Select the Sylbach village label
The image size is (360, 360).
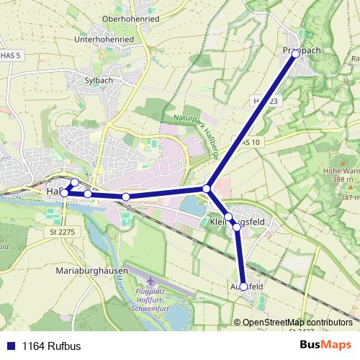(99, 81)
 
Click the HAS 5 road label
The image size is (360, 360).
(10, 55)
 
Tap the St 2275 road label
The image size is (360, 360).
(63, 232)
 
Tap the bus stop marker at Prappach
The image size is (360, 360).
(295, 53)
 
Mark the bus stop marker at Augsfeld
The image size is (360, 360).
(243, 287)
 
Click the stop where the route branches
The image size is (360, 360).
(207, 189)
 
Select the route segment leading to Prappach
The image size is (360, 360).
(252, 120)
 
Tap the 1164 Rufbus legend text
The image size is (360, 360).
(52, 346)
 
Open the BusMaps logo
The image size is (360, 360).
(325, 345)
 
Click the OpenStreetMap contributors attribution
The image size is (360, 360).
(296, 322)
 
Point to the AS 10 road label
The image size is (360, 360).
(250, 143)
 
